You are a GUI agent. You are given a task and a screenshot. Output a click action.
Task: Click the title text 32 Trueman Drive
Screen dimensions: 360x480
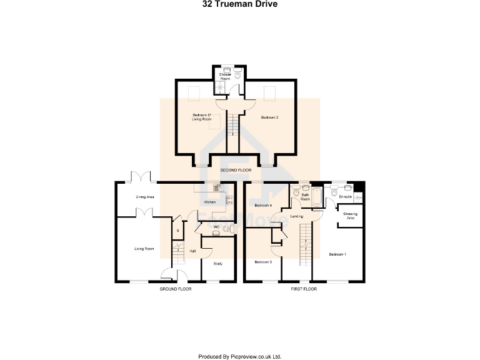click(x=240, y=4)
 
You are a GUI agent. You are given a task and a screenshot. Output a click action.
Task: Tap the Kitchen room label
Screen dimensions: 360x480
click(x=209, y=202)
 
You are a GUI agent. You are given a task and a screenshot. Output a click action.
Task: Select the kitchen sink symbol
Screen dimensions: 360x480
click(x=216, y=186)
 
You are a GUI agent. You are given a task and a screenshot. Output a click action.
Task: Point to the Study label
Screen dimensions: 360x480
click(x=217, y=263)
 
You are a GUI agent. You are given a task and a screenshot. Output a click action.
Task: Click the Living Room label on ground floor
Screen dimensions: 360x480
click(x=144, y=249)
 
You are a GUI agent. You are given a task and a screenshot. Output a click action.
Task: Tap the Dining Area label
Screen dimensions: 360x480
click(x=145, y=197)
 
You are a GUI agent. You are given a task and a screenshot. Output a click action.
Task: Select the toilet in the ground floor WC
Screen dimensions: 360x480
click(x=216, y=232)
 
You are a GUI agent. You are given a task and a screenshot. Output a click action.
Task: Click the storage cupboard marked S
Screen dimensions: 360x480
click(x=177, y=231)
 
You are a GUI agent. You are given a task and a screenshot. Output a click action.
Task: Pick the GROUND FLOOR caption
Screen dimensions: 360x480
click(x=176, y=289)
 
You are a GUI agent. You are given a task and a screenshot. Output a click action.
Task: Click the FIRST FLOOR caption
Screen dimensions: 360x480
click(x=304, y=289)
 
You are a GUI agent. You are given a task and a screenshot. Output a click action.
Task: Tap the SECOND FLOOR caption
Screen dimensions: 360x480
click(x=236, y=170)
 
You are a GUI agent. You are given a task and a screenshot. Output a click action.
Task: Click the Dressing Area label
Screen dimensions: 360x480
click(x=350, y=216)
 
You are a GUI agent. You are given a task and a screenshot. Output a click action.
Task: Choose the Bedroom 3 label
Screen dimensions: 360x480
click(x=263, y=262)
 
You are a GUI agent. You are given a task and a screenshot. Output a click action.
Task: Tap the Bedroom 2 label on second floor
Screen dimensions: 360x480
click(x=269, y=117)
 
